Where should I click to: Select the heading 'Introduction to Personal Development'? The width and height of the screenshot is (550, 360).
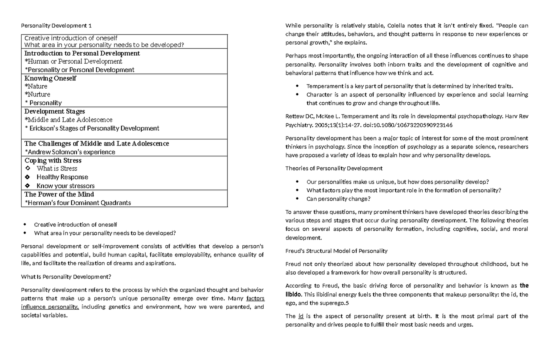[x=82, y=53]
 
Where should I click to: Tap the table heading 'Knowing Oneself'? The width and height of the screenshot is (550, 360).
[x=50, y=78]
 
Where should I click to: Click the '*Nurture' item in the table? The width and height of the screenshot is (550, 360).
[x=37, y=94]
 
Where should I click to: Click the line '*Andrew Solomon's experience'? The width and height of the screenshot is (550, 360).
[x=70, y=152]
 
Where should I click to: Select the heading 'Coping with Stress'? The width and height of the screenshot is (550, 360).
[x=53, y=161]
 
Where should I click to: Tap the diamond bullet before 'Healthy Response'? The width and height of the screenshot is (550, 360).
[x=28, y=177]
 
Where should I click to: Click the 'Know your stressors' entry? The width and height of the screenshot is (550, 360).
[x=66, y=186]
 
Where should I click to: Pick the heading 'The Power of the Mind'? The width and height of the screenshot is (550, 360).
[x=59, y=194]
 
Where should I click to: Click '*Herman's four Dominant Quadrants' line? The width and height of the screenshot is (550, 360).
[x=77, y=203]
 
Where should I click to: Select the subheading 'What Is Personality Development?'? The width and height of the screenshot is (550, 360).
[x=66, y=277]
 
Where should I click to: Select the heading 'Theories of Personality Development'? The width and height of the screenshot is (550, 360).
[x=334, y=168]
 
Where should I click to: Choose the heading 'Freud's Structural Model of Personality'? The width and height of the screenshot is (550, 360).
[x=336, y=251]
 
